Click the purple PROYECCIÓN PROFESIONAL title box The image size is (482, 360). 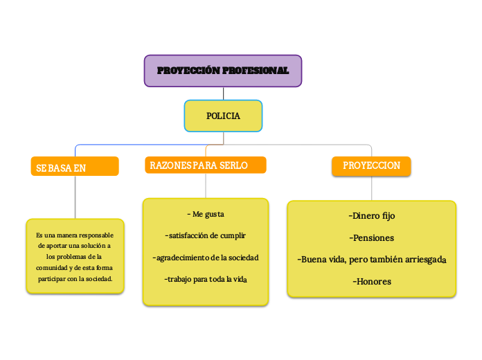[x=222, y=71]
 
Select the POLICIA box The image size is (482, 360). [x=223, y=116]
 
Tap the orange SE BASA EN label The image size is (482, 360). [x=75, y=167]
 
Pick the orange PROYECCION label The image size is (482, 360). [x=371, y=165]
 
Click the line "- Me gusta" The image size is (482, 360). [x=206, y=214]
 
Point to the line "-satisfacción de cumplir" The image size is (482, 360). [x=205, y=235]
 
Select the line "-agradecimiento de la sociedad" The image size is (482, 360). [x=205, y=258]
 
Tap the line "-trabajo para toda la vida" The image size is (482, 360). [x=205, y=279]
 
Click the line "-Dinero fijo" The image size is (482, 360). [x=371, y=216]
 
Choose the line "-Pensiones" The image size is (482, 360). [x=371, y=238]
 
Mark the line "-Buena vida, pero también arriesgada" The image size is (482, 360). [x=371, y=260]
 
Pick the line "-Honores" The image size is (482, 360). [x=371, y=282]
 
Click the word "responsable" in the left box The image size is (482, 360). [x=96, y=235]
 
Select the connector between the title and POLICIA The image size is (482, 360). [x=223, y=93]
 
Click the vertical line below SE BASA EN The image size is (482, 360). [x=75, y=197]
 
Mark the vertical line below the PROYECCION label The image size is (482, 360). [x=372, y=188]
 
